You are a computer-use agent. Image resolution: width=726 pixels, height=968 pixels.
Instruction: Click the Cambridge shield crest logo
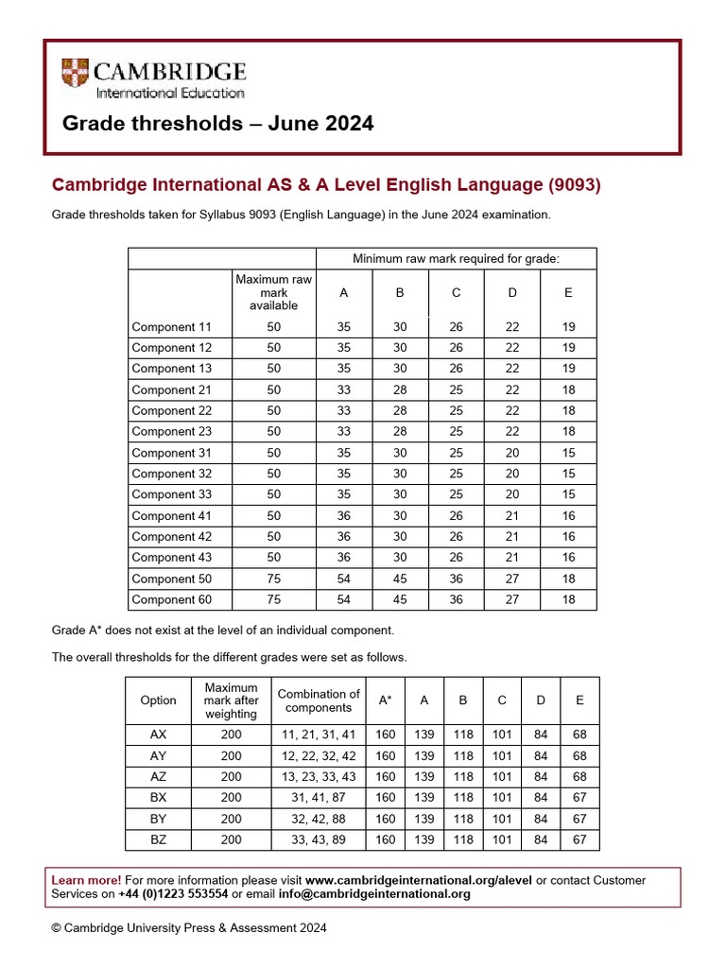pos(76,75)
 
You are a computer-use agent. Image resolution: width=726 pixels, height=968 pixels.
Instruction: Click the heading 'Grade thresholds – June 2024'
pos(217,124)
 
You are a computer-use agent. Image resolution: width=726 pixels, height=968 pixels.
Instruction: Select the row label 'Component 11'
pos(172,327)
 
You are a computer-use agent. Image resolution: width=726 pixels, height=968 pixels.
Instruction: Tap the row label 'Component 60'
pos(172,599)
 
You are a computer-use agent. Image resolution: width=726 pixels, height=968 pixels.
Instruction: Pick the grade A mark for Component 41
pos(343,516)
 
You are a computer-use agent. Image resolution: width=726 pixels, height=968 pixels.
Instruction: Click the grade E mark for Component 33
pos(568,494)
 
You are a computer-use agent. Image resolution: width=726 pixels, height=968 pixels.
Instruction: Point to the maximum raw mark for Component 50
pos(273,579)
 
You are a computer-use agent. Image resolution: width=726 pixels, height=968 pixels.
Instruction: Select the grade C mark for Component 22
pos(456,411)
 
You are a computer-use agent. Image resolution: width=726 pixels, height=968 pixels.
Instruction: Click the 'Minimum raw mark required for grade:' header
pos(456,258)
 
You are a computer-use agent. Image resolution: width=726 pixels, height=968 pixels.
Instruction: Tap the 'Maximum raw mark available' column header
pos(273,292)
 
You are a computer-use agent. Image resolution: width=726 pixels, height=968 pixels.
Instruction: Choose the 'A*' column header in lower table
pos(386,700)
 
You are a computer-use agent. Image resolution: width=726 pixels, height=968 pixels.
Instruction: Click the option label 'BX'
pos(158,798)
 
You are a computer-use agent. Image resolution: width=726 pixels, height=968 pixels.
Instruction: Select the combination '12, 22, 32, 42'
pos(318,756)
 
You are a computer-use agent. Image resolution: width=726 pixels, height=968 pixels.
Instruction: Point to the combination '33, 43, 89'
pos(318,839)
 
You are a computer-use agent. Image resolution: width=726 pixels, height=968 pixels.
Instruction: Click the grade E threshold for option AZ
pos(579,777)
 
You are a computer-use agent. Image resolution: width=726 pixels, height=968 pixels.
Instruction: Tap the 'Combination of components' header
pos(318,700)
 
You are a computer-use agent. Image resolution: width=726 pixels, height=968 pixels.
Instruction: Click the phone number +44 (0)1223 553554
pos(173,894)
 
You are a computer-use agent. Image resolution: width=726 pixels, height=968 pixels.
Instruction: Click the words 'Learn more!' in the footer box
pos(86,880)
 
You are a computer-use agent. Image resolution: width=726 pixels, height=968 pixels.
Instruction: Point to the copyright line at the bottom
pos(189,928)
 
